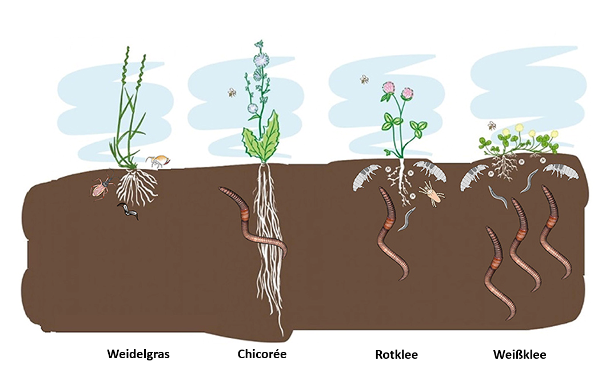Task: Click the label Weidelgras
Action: [x=138, y=354]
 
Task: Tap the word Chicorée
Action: [x=262, y=354]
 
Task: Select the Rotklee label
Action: [x=396, y=354]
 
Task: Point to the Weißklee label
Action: [x=520, y=354]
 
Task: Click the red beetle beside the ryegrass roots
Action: [x=102, y=187]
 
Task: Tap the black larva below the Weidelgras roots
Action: [x=129, y=211]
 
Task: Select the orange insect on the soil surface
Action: [x=158, y=161]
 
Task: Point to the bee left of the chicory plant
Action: [x=232, y=92]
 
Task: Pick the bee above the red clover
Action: [x=364, y=79]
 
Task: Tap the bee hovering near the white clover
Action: [x=492, y=126]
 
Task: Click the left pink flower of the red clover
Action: [x=389, y=88]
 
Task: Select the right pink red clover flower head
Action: [x=408, y=93]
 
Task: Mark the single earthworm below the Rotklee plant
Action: [x=392, y=234]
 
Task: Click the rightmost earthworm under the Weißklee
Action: [x=555, y=232]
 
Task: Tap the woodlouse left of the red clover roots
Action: [x=366, y=176]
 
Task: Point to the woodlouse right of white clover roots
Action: [x=561, y=171]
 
